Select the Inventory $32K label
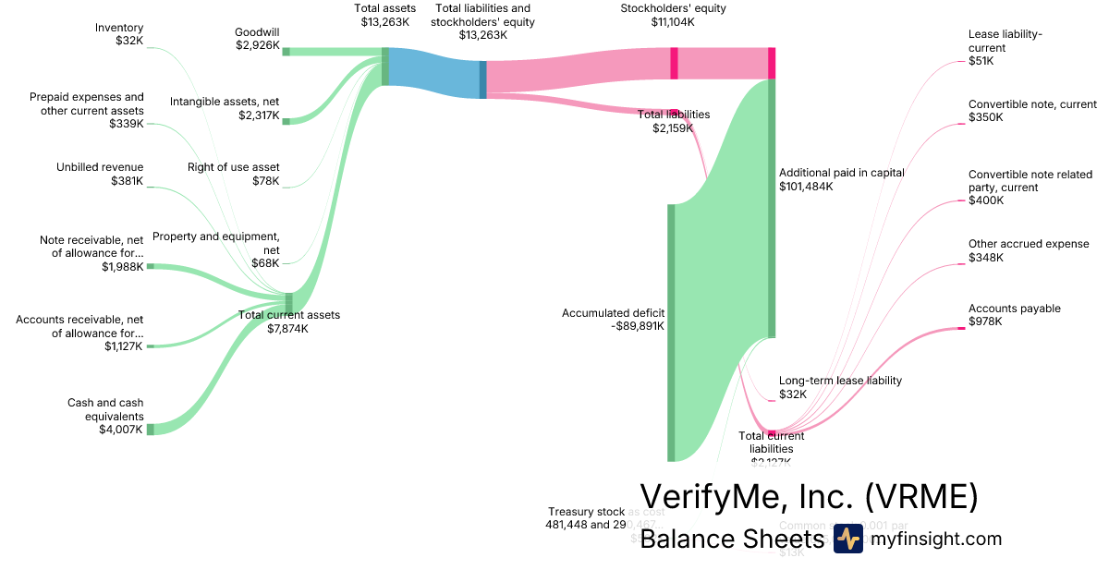pos(119,34)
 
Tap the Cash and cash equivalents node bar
pos(151,429)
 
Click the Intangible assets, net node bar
pos(286,120)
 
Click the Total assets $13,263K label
pos(385,16)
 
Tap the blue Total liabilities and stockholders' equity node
pos(482,79)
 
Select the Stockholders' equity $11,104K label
pos(673,16)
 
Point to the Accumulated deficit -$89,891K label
pos(613,319)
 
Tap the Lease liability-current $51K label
pos(1005,47)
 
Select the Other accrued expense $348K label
pos(1015,250)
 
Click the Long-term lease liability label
pos(840,380)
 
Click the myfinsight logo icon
pos(847,540)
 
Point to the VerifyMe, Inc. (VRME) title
pos(809,497)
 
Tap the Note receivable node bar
pos(151,266)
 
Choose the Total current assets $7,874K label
pos(289,321)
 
